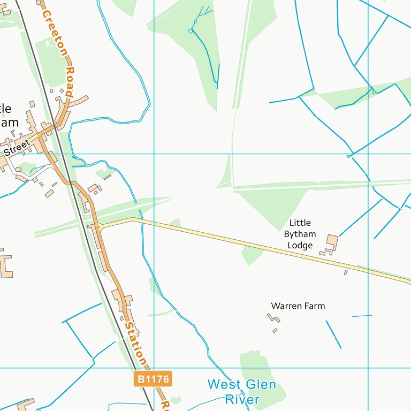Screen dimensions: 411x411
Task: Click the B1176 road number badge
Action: [x=153, y=379]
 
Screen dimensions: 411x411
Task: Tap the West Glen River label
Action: [x=242, y=392]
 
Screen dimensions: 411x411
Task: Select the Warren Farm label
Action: [x=298, y=306]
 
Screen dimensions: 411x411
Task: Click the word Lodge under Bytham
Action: [x=300, y=246]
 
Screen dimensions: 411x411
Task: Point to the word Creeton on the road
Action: [x=55, y=32]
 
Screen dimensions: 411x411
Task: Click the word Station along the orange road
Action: [x=134, y=340]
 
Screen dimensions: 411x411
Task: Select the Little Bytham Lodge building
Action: [x=332, y=242]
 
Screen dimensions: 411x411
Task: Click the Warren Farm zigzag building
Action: [x=273, y=318]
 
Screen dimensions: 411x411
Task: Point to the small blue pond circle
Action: [x=190, y=31]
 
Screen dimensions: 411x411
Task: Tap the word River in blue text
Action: [x=242, y=399]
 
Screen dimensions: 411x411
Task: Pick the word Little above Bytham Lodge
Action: [x=300, y=223]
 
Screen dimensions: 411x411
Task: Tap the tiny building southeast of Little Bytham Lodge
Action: [x=346, y=272]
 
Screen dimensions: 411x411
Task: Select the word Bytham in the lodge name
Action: [x=300, y=234]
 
